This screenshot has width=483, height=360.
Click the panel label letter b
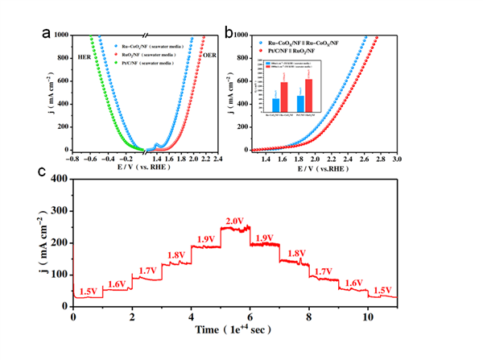[x=230, y=34]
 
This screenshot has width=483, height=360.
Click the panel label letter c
[x=42, y=172]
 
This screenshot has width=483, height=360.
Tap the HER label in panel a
[x=85, y=58]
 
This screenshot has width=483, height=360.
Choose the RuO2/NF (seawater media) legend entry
[x=149, y=55]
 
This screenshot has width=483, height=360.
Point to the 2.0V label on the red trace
[x=234, y=221]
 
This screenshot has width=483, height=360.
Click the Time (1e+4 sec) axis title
[x=233, y=331]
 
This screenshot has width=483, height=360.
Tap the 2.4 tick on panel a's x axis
[x=218, y=159]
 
